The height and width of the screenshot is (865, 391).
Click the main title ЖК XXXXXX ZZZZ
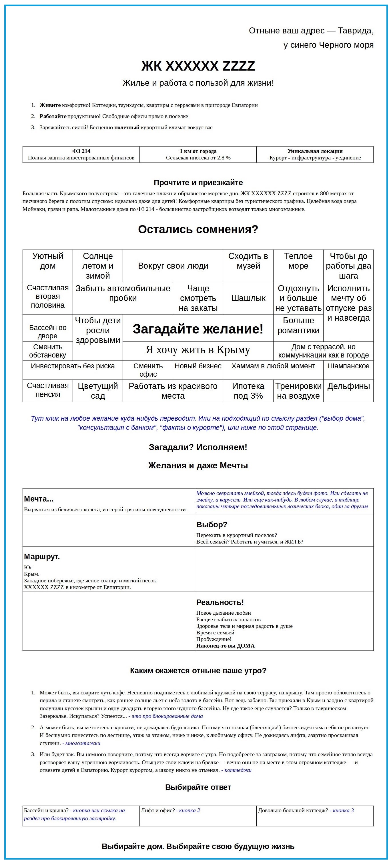(x=198, y=66)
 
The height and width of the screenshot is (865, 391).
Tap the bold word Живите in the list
(x=50, y=105)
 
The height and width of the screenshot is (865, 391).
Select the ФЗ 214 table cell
(x=81, y=154)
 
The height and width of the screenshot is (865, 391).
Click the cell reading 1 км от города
(x=198, y=154)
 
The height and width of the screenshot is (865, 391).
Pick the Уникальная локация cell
(x=315, y=154)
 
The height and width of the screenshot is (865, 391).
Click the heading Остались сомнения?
(x=198, y=229)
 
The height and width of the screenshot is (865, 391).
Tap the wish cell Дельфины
(x=348, y=387)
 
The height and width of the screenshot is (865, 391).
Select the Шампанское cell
(x=348, y=366)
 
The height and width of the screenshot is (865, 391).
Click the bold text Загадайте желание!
(x=198, y=329)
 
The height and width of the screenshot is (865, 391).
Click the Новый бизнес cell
(x=198, y=366)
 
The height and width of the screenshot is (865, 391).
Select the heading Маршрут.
(x=42, y=557)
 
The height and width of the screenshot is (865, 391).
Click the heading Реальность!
(x=220, y=602)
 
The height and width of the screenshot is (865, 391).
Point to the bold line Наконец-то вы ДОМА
(x=226, y=646)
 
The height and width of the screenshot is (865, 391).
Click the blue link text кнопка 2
(x=189, y=810)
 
